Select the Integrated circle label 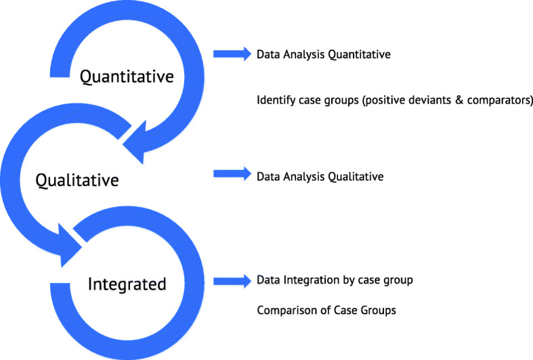point(127,284)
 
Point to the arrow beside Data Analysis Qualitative point(230,175)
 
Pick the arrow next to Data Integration point(230,280)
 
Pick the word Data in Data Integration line point(267,280)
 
